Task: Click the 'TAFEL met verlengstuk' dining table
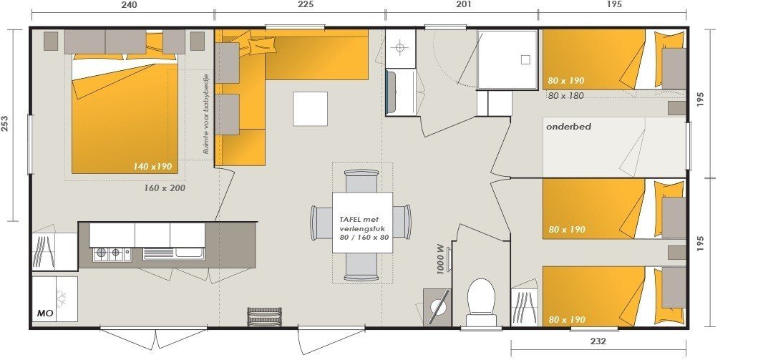coord(363,223)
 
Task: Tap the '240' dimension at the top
coord(129,4)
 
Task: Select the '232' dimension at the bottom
coord(598,341)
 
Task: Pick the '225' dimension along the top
coord(305,4)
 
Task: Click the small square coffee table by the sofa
coord(310,109)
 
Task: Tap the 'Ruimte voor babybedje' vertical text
coord(205,115)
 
